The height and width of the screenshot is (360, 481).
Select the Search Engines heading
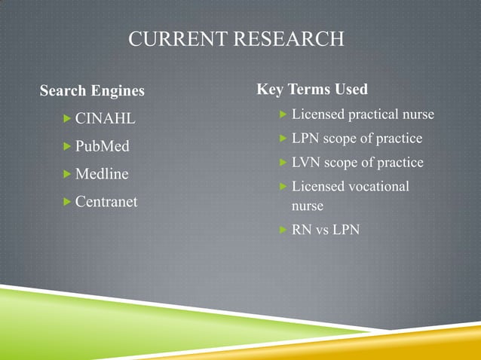point(92,92)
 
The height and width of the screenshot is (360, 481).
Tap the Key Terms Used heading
point(312,90)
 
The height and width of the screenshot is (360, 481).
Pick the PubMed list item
point(103,146)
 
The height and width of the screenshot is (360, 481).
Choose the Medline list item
point(102,174)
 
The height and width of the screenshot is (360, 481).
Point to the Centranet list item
point(106,202)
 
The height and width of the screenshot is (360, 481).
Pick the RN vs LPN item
point(326,229)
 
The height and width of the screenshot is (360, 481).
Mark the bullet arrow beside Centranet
point(67,202)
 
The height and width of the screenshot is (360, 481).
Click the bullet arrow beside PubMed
point(67,146)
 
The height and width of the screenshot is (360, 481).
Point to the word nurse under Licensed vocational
point(308,205)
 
